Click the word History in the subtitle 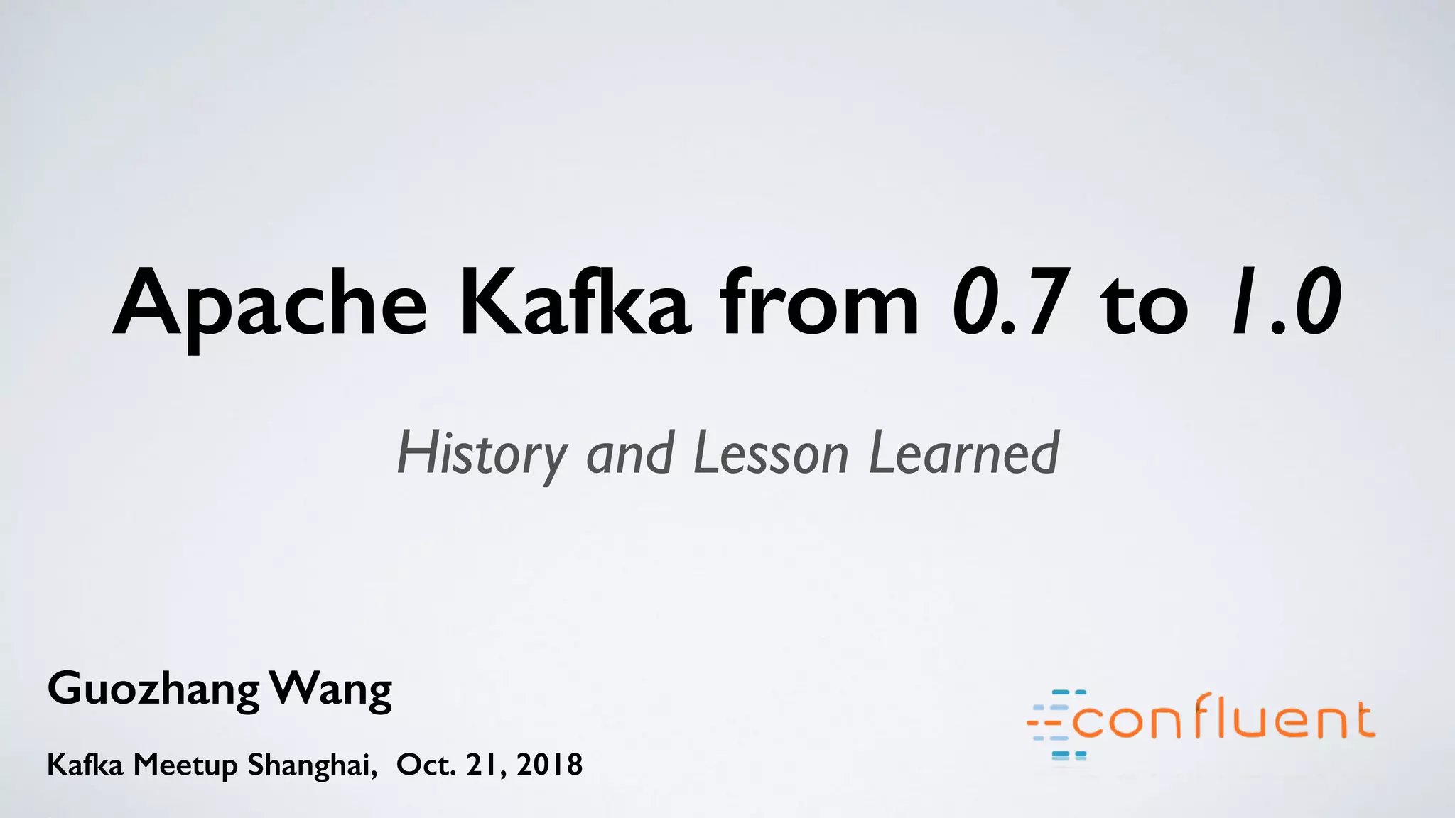[x=482, y=454]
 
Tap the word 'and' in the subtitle [x=629, y=454]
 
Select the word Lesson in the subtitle [x=771, y=454]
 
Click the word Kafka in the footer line [x=85, y=765]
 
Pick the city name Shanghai [x=312, y=765]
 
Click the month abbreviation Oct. [x=426, y=765]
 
